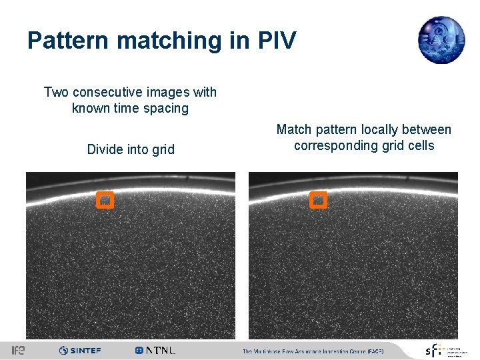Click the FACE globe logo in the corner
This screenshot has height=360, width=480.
click(x=441, y=40)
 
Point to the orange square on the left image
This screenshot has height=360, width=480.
click(x=105, y=199)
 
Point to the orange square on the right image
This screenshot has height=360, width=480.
click(x=319, y=199)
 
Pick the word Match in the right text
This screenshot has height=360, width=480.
click(x=293, y=129)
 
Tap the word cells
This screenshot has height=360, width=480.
click(x=420, y=145)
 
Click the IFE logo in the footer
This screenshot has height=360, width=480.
click(x=18, y=350)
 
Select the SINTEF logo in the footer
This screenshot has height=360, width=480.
click(x=80, y=350)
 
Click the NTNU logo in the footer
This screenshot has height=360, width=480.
click(x=155, y=350)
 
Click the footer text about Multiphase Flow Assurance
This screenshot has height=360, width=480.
click(x=313, y=351)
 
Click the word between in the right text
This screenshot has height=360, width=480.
click(x=429, y=129)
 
